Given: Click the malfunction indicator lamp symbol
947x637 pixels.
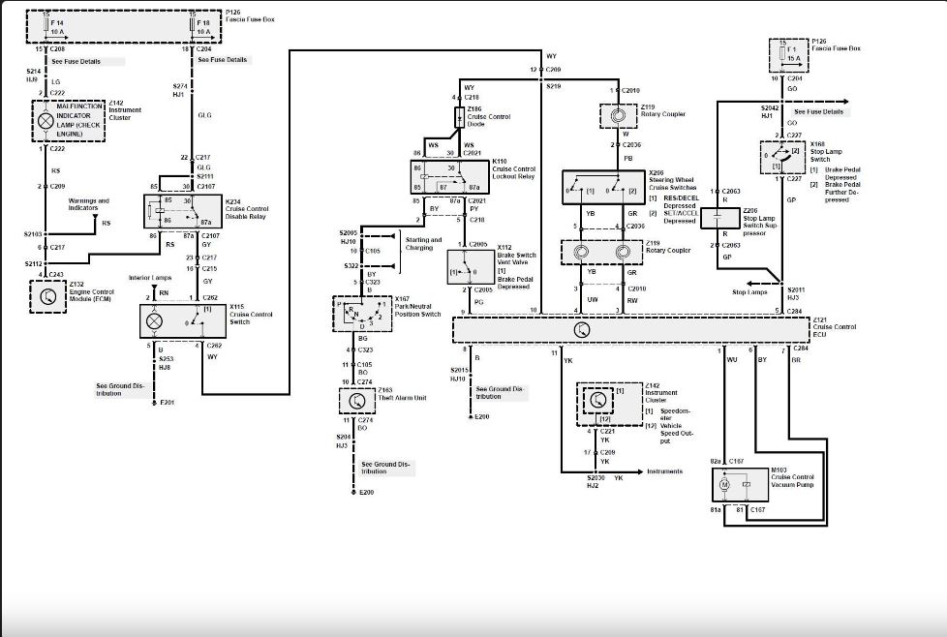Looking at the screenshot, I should tap(45, 122).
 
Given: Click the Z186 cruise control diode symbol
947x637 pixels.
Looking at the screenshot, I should tap(461, 117).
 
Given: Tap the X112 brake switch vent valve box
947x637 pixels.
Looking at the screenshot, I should tap(470, 265).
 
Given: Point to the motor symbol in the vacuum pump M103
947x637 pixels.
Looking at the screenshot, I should tap(724, 482).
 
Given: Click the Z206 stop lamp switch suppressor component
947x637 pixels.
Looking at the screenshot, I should tap(719, 220).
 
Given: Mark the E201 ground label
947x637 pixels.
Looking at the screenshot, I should tap(167, 402).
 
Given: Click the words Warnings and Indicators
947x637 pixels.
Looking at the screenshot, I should tap(89, 204).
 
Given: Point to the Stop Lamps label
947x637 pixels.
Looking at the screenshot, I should tap(750, 291).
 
